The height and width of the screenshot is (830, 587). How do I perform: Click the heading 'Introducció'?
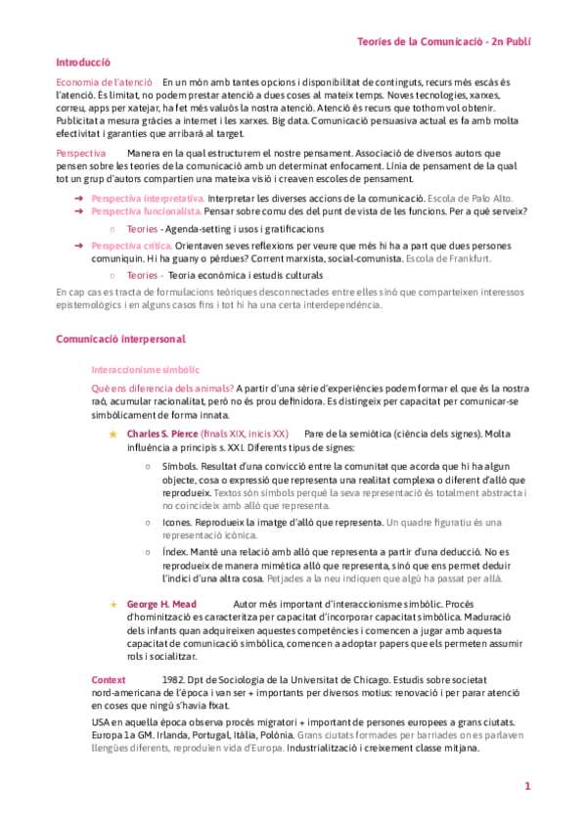(82, 61)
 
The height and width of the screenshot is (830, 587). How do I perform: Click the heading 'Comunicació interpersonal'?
(121, 338)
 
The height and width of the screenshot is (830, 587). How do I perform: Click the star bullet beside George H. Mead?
(113, 605)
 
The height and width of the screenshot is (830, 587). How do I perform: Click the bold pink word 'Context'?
(108, 679)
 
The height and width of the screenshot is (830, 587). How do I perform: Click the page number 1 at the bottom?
(526, 786)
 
